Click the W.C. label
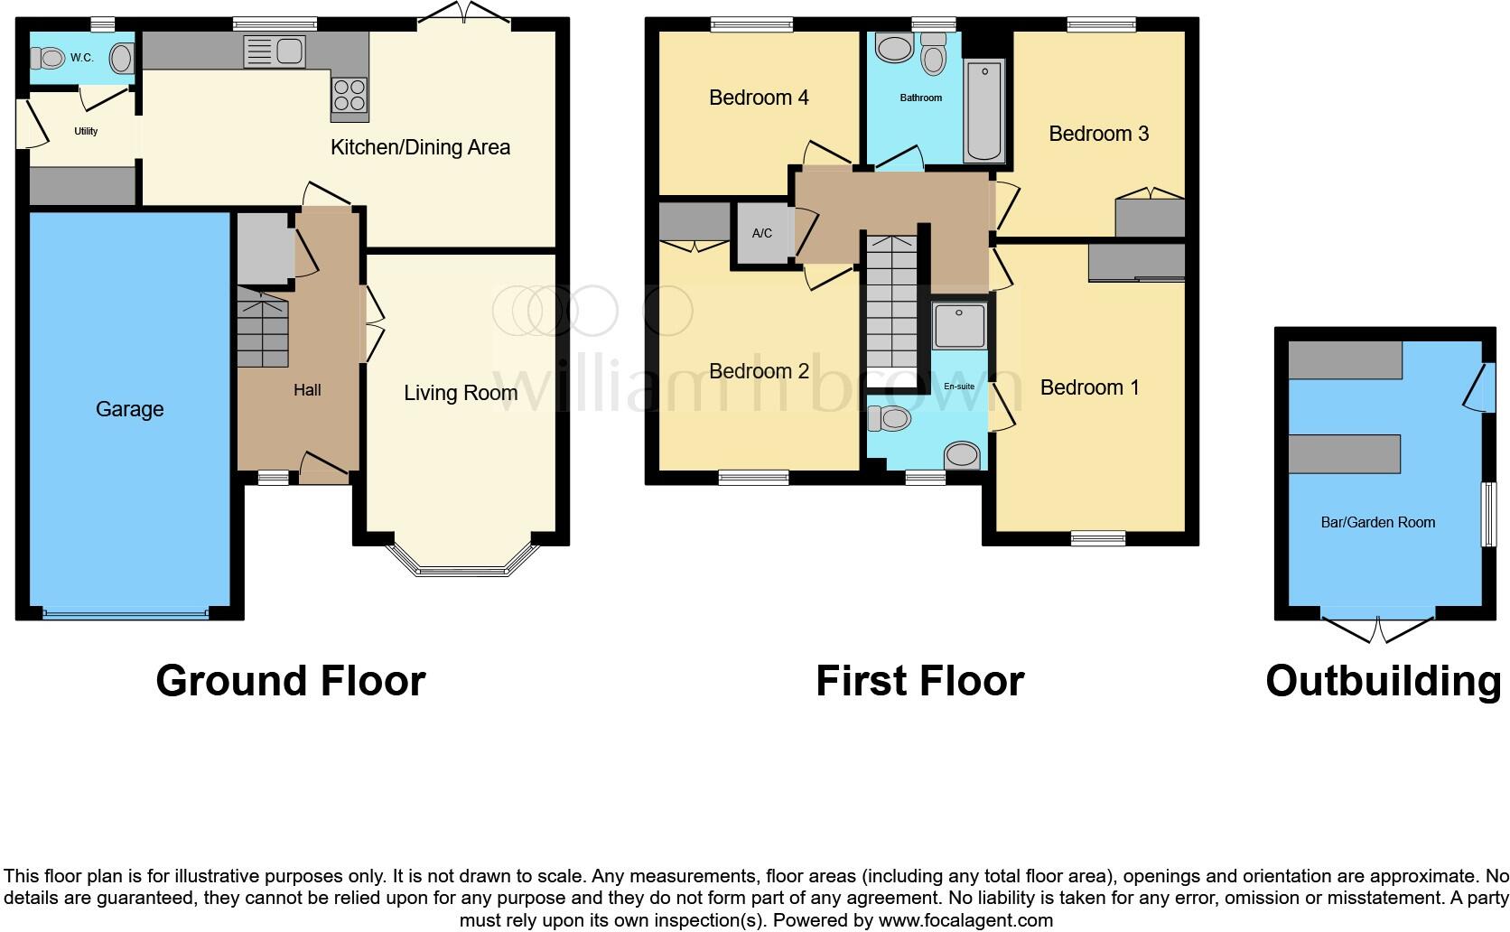point(81,58)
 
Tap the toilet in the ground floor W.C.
point(48,58)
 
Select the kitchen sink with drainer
point(275,51)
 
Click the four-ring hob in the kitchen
point(350,95)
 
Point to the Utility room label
point(86,132)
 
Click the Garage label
point(129,409)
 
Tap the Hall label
point(307,389)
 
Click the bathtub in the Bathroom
point(984,111)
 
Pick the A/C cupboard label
point(761,233)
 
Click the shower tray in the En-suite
point(959,325)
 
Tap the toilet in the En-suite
point(890,418)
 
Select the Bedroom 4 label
point(759,98)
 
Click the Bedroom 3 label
point(1099,134)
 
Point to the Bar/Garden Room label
point(1378,522)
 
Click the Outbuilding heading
point(1384,681)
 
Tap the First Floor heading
point(920,681)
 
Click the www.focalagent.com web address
point(965,920)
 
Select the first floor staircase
point(892,311)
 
